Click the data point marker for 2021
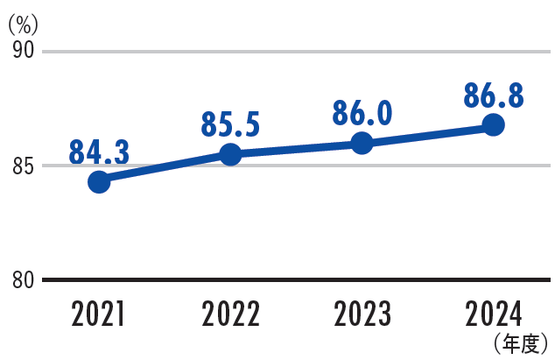(x=99, y=182)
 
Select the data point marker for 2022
(x=230, y=154)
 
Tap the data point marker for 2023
(x=362, y=143)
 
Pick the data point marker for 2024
(x=494, y=124)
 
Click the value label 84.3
(x=99, y=152)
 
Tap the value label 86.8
(x=494, y=95)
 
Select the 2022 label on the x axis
(x=230, y=314)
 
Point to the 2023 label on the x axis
(x=362, y=314)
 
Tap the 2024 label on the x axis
(x=494, y=314)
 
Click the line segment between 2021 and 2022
(x=165, y=168)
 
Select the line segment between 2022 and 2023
(x=296, y=149)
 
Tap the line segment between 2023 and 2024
(x=427, y=134)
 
